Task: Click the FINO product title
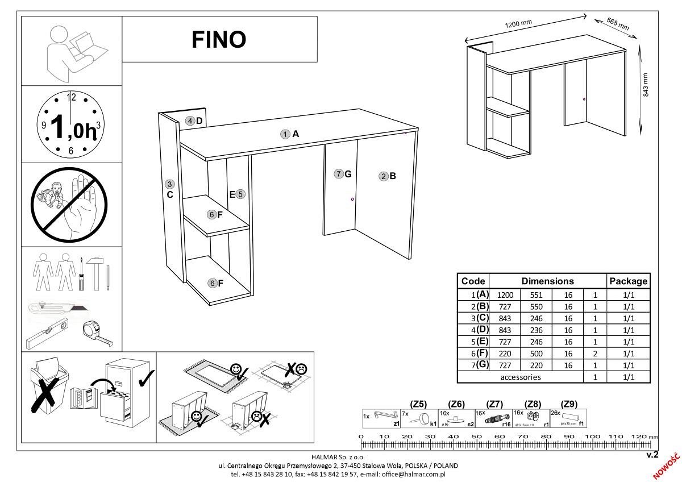point(219,40)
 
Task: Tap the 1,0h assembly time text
point(72,126)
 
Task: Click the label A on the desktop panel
point(295,134)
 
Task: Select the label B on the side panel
point(392,176)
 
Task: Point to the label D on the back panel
point(199,120)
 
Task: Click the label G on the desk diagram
point(348,174)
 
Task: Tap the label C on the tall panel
point(169,194)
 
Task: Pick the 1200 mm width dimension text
point(518,25)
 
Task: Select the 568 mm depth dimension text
point(617,24)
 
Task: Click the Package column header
point(628,281)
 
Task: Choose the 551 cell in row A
point(537,295)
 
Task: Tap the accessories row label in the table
point(520,377)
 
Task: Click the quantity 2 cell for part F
point(595,354)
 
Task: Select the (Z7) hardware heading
point(495,404)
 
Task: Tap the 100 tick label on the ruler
point(593,437)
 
